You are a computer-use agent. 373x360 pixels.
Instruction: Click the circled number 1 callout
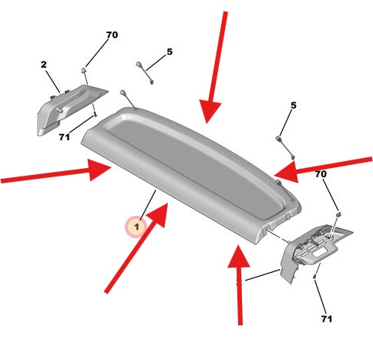coord(136,227)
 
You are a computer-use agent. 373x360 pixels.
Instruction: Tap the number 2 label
coord(44,65)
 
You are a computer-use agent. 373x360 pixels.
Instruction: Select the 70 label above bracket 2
coord(112,35)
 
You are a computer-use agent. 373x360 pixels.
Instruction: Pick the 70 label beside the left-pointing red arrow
coord(321,174)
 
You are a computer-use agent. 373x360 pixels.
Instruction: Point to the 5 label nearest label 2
coord(170,52)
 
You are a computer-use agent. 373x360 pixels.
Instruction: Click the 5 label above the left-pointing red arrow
coord(293,106)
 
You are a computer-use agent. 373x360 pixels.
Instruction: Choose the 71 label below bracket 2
coord(64,137)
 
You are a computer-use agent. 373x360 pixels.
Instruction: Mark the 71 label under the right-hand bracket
coord(327,319)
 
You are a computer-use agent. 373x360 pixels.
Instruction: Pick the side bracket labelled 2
coord(69,109)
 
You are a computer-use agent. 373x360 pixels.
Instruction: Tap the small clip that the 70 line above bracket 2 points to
coord(84,70)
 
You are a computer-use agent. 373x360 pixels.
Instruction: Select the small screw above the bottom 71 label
coord(314,278)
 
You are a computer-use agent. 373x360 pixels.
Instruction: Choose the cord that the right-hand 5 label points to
coord(285,148)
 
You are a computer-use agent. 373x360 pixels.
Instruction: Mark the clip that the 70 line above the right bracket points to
coord(338,214)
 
